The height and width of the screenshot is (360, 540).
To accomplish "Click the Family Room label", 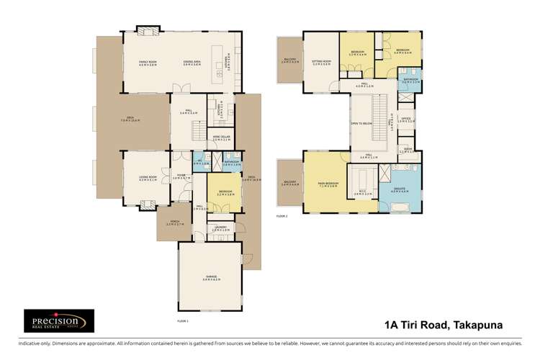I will tap(148, 63).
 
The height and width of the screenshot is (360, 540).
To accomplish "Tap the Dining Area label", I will tap(191, 63).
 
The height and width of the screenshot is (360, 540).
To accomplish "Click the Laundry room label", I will tap(221, 228).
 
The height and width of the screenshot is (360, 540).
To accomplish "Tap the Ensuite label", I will tap(400, 189).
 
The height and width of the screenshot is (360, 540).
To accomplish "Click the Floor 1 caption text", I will tap(182, 320).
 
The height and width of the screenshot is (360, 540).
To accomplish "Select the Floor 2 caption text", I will tap(282, 215).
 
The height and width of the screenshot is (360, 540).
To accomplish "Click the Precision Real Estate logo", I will tap(58, 320).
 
